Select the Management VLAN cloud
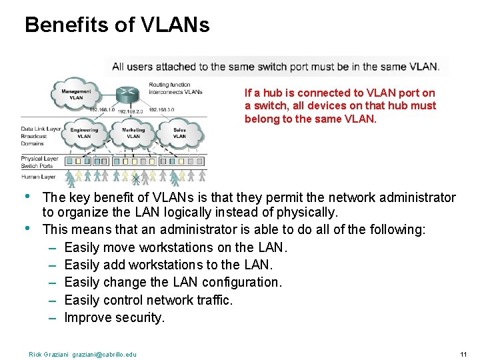click(x=77, y=95)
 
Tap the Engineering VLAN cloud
click(x=85, y=133)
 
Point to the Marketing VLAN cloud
click(x=133, y=133)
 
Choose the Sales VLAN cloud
click(x=179, y=133)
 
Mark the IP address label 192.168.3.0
click(x=161, y=110)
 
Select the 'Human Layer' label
click(x=38, y=177)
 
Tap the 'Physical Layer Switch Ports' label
click(x=39, y=162)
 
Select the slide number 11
click(x=463, y=353)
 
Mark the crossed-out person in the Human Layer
click(x=136, y=177)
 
